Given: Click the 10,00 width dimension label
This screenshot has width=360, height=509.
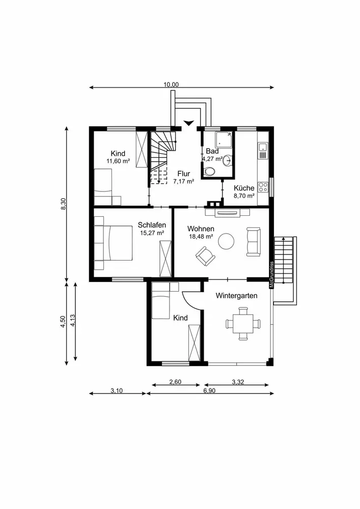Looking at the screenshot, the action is click(x=171, y=84).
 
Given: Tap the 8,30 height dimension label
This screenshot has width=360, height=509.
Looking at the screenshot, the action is click(x=64, y=204).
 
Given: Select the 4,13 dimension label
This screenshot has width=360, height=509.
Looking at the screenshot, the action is click(x=73, y=320).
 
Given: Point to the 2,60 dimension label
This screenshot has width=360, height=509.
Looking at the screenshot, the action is click(x=175, y=382).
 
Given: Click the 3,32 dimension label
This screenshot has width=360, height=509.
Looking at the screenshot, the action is click(x=238, y=382).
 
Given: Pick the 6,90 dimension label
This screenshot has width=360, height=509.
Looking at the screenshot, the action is click(x=209, y=390).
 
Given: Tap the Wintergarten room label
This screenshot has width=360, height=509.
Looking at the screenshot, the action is click(x=237, y=296).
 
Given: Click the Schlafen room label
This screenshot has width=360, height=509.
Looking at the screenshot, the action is click(x=152, y=225).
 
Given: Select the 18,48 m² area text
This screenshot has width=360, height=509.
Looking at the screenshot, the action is click(x=201, y=237).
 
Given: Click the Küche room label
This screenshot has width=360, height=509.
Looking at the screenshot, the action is click(x=244, y=188).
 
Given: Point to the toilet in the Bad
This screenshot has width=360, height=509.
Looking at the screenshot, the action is click(x=210, y=171).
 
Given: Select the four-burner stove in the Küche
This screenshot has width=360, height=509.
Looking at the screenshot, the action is click(x=263, y=187).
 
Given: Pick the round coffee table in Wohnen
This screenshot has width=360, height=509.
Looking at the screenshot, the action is click(x=226, y=241).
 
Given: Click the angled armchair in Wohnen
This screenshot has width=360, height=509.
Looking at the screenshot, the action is click(x=206, y=256).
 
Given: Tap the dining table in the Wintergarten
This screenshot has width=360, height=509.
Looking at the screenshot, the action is click(x=243, y=324).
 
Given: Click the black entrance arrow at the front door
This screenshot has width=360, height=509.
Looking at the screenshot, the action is click(x=188, y=123).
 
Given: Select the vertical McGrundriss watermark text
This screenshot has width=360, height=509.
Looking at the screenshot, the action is click(x=272, y=275).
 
